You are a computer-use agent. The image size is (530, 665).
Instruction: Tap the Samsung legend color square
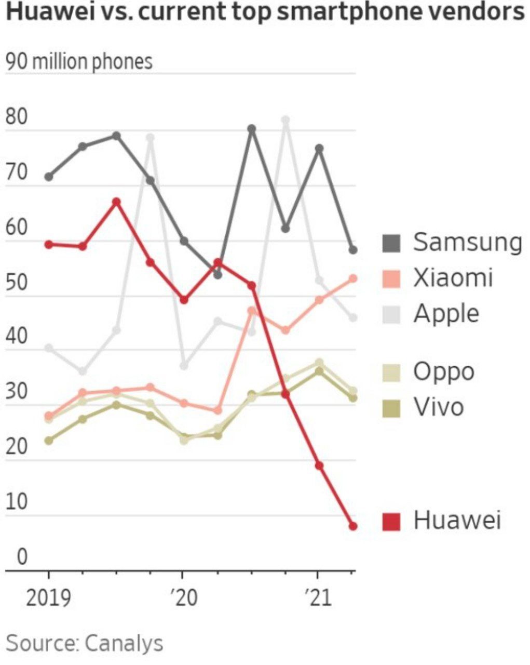click(391, 243)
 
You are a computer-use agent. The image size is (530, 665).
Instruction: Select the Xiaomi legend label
click(453, 278)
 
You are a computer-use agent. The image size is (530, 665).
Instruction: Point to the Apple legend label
click(446, 314)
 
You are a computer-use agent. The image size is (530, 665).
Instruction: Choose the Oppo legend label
click(444, 372)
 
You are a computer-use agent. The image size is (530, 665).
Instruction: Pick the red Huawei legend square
click(391, 521)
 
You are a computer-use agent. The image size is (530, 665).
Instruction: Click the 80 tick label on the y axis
click(17, 117)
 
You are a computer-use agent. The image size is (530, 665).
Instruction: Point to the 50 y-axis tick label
click(17, 283)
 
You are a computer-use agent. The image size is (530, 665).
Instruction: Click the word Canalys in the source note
click(124, 643)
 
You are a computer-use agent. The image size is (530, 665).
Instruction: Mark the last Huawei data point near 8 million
click(353, 526)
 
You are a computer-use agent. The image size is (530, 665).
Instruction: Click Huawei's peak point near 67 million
click(117, 202)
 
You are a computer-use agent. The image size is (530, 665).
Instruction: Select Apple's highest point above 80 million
click(285, 121)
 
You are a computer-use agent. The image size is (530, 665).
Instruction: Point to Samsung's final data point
click(353, 250)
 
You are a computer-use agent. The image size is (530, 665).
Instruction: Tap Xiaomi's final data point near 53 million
click(353, 278)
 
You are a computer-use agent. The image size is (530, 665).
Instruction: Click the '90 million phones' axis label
click(79, 62)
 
